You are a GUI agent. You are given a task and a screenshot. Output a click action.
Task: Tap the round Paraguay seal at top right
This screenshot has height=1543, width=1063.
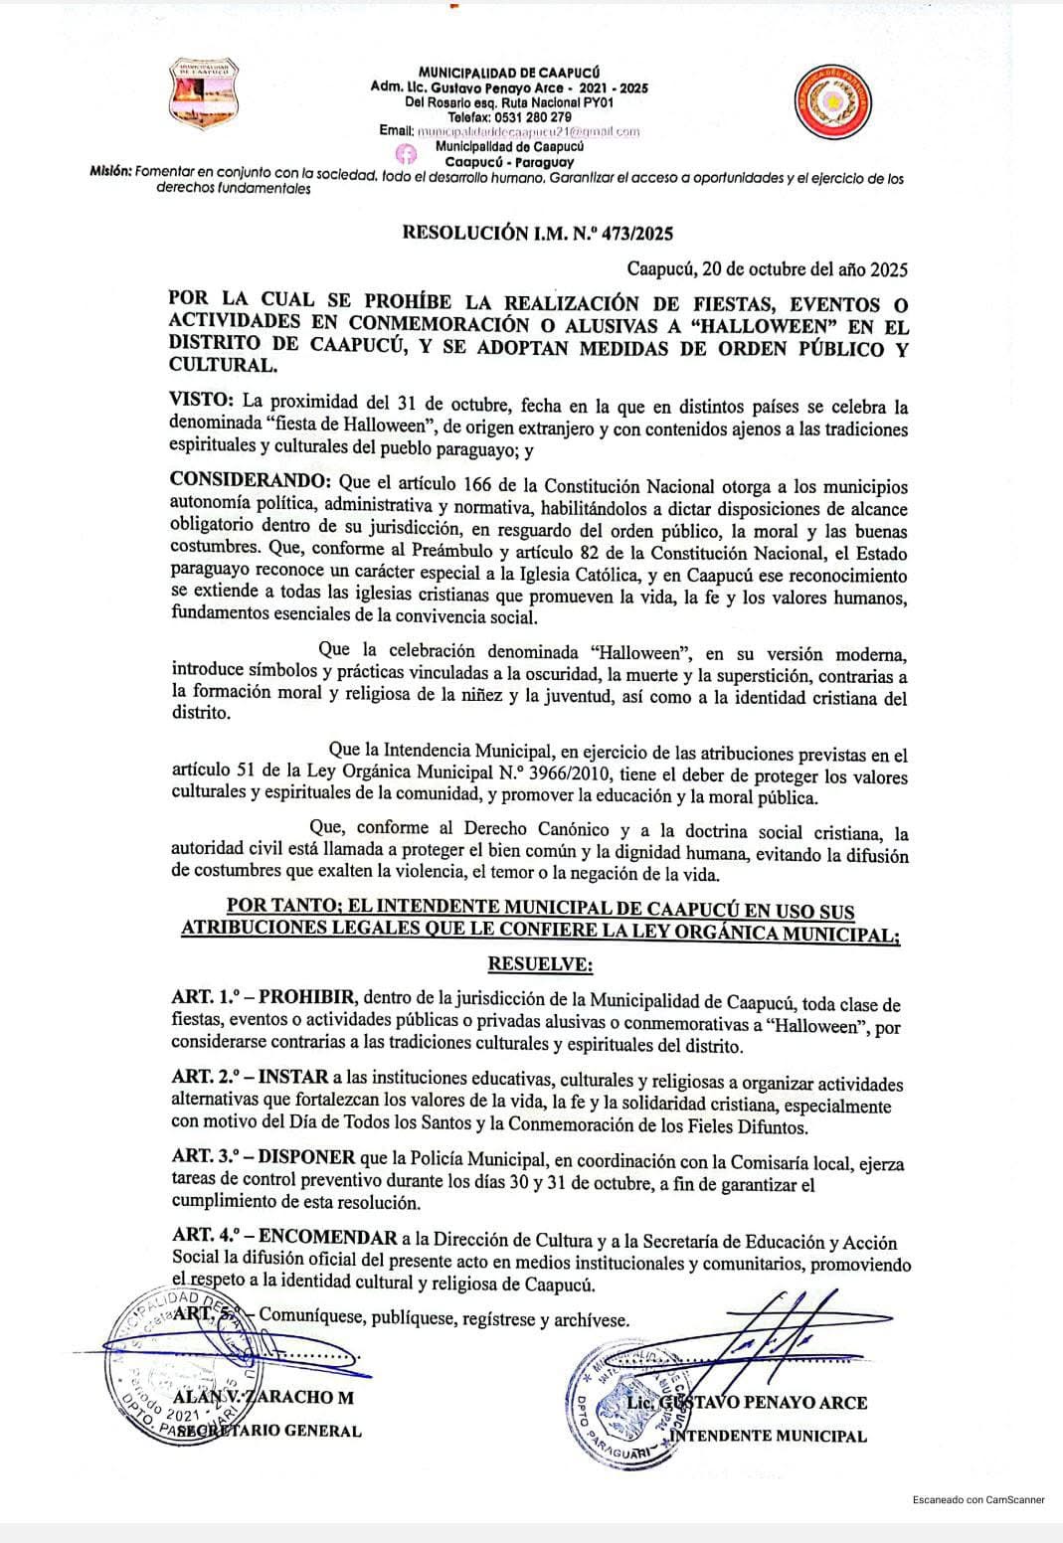(x=836, y=100)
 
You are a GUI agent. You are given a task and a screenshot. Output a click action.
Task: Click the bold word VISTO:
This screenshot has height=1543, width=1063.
(x=203, y=400)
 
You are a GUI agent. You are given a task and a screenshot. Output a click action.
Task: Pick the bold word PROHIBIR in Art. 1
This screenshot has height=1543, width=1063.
(x=309, y=997)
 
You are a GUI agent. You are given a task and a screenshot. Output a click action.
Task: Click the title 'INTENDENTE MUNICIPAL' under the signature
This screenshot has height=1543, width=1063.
(x=768, y=1436)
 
